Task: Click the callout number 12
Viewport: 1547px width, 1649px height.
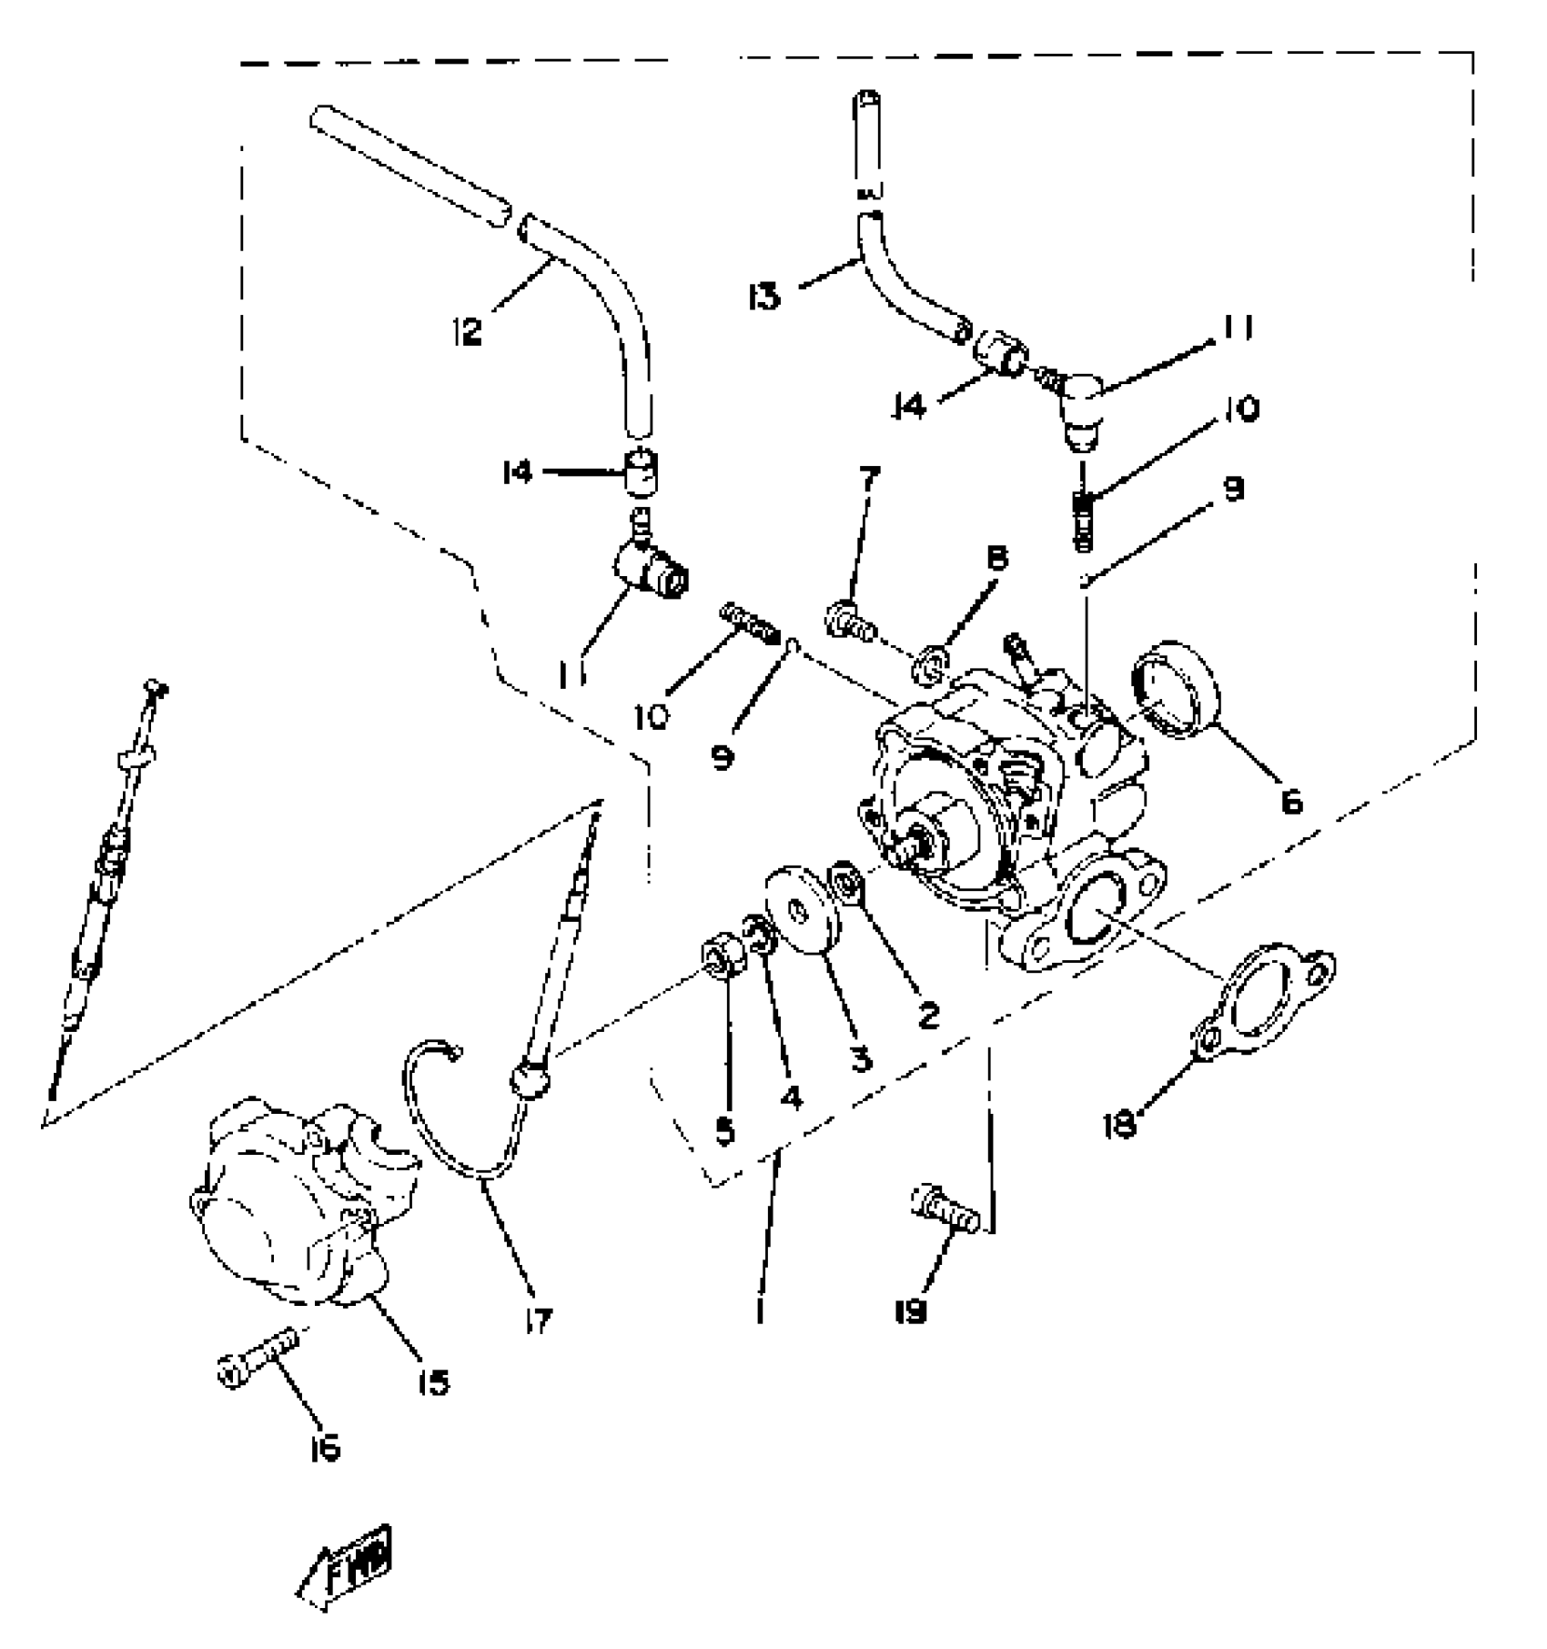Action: coord(466,331)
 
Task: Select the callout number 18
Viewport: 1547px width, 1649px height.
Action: coord(1120,1125)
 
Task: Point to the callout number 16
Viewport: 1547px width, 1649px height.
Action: coord(325,1446)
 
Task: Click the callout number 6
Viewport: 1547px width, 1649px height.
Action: coord(1291,801)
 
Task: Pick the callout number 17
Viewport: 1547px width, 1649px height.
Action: coord(539,1320)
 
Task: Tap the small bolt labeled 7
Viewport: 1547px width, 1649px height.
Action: coord(848,622)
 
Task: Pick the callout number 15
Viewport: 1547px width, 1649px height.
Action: coord(434,1383)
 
